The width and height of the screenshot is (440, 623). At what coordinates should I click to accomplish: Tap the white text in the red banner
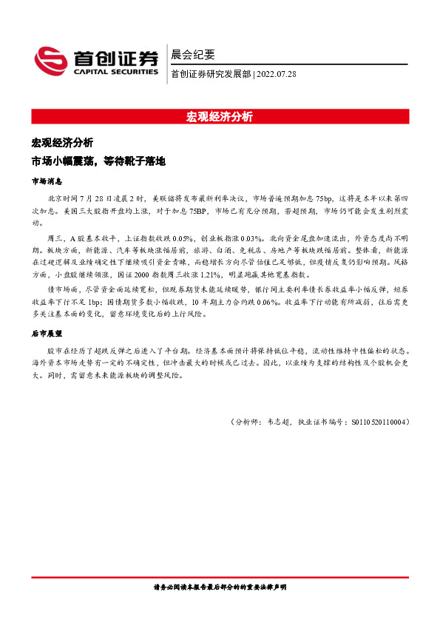click(x=220, y=116)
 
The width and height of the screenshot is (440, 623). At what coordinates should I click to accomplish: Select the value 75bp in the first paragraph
click(x=324, y=199)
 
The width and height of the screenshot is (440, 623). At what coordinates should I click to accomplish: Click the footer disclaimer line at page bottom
click(x=220, y=587)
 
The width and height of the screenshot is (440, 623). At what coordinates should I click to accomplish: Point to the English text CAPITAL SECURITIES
click(x=115, y=73)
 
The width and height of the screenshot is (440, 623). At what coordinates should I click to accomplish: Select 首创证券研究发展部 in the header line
click(x=211, y=74)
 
